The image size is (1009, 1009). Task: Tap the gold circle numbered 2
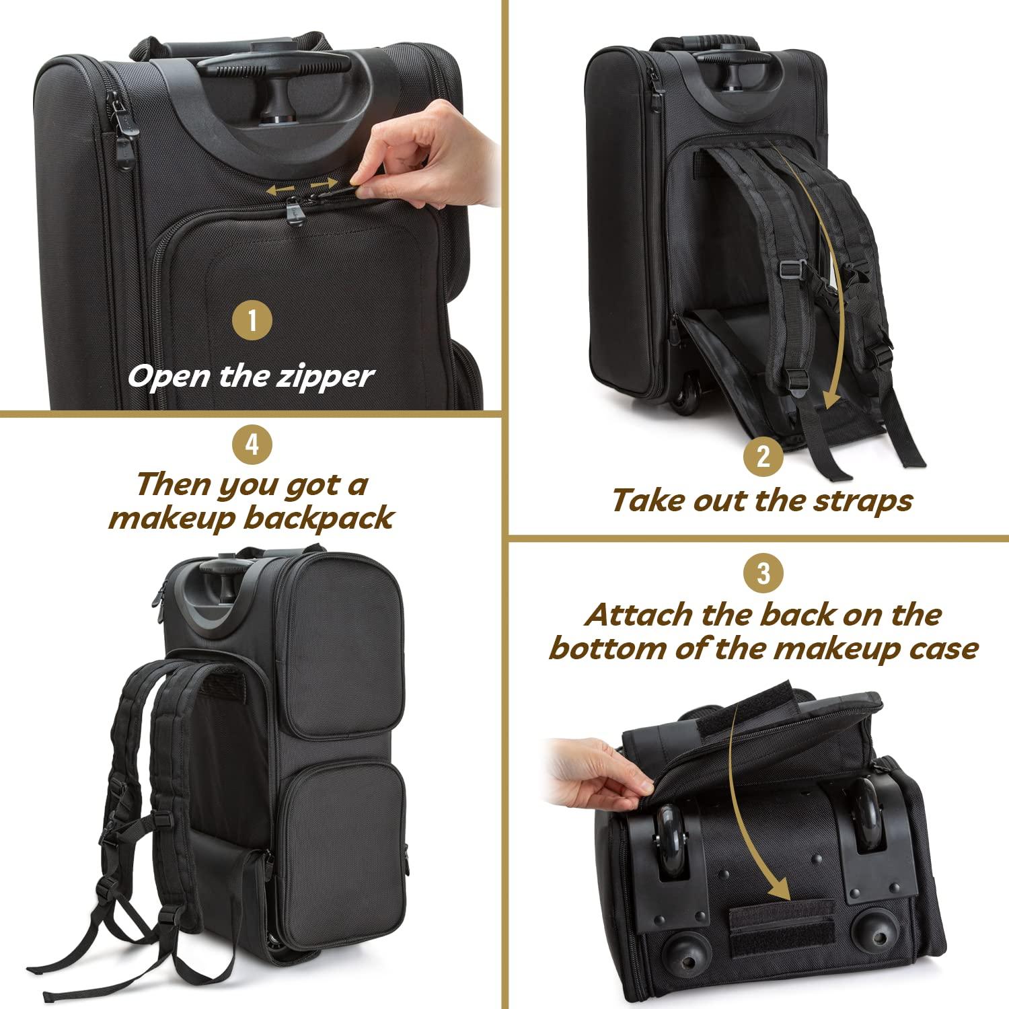(763, 457)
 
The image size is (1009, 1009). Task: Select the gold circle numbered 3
(763, 573)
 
